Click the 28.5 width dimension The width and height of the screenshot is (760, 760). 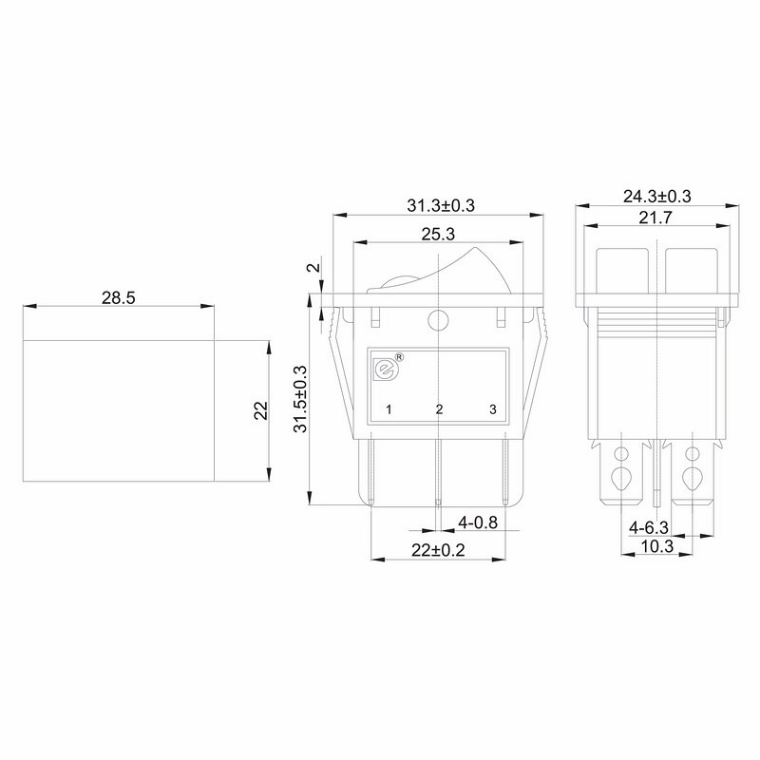(x=118, y=297)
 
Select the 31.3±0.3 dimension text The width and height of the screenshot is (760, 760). (x=441, y=205)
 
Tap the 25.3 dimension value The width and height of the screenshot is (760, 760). (x=438, y=234)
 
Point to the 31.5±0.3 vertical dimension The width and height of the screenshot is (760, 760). (x=300, y=399)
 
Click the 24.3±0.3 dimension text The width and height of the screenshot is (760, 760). (x=656, y=197)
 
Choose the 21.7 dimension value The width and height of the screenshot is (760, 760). (x=655, y=218)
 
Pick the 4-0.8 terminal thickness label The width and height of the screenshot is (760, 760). (x=478, y=522)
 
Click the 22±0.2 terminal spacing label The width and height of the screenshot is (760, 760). (x=438, y=550)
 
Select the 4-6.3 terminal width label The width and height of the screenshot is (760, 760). (x=649, y=527)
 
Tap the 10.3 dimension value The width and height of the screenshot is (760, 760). (x=657, y=546)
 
